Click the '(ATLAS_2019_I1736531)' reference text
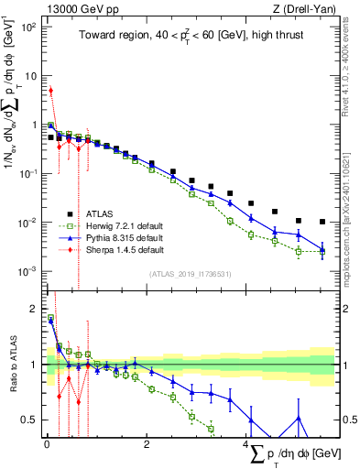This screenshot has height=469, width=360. point(191,274)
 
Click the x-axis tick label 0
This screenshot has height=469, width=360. point(46,443)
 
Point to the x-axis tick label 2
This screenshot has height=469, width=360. point(147,443)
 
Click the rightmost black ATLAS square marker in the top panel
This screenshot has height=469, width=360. point(322,222)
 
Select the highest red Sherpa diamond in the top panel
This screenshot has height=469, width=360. point(51,90)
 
